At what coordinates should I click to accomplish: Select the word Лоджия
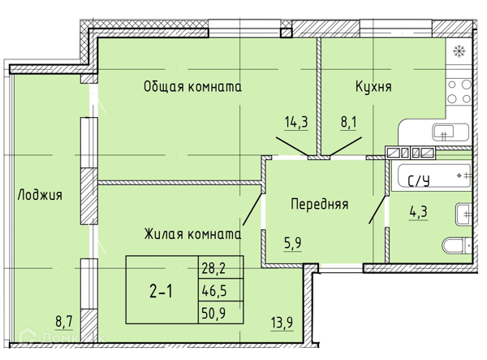click(40, 196)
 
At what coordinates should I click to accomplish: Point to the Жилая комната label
click(192, 234)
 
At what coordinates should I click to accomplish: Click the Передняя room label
click(320, 204)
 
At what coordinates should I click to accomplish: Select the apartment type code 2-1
click(161, 289)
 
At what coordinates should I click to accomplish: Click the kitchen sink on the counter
click(442, 132)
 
